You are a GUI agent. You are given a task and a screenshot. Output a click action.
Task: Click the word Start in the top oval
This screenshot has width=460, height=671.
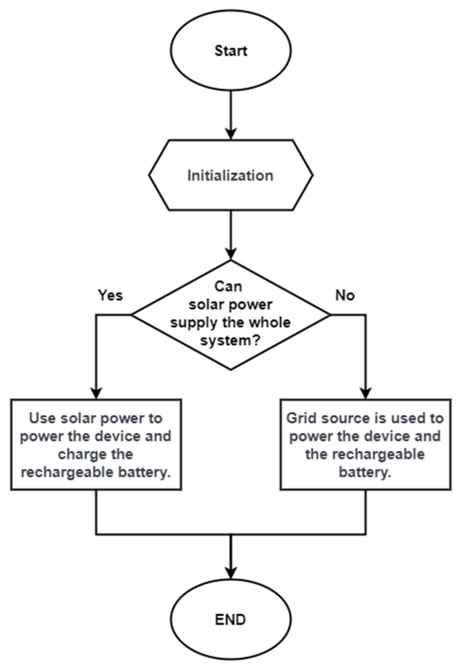coord(231,51)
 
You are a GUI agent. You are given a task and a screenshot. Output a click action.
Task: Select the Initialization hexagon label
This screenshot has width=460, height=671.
coord(230,175)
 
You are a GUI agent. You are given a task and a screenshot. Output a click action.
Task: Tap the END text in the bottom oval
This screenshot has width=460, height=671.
coord(230,620)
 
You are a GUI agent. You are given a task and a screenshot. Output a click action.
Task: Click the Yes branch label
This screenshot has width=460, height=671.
coord(111,295)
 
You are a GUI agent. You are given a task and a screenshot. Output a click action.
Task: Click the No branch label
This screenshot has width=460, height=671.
coord(345,295)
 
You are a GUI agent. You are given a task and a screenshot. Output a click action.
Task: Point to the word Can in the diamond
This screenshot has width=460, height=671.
coord(228,286)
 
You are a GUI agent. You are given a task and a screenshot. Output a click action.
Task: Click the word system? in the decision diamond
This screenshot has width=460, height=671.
coord(231,340)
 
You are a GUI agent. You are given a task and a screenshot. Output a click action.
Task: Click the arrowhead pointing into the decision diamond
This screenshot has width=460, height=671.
coord(231,254)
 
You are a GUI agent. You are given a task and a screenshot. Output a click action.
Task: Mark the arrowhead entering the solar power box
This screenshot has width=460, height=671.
coord(96,394)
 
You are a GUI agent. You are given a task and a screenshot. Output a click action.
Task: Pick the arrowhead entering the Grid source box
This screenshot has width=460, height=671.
coord(366,394)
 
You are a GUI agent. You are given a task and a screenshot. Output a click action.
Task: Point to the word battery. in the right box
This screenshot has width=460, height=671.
coord(365,472)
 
